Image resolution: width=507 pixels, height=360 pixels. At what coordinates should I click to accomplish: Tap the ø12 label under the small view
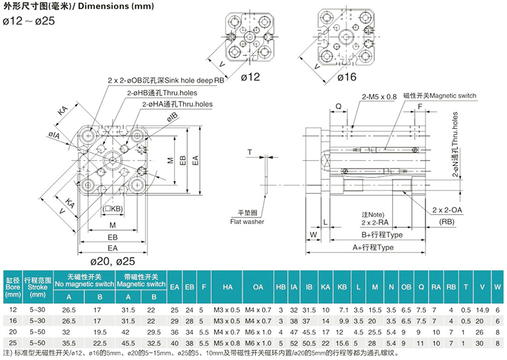point(250,77)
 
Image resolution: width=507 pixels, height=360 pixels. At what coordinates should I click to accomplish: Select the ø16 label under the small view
point(346,77)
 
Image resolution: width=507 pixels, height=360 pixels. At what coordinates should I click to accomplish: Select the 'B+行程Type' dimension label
point(381,234)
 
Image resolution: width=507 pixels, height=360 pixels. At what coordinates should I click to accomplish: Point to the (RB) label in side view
point(447,222)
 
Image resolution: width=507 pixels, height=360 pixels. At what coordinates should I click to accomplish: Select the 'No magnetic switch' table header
point(84,283)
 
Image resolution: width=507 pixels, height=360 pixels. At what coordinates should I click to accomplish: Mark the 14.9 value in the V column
point(482,310)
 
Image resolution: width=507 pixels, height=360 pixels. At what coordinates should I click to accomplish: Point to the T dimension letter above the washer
point(249,152)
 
